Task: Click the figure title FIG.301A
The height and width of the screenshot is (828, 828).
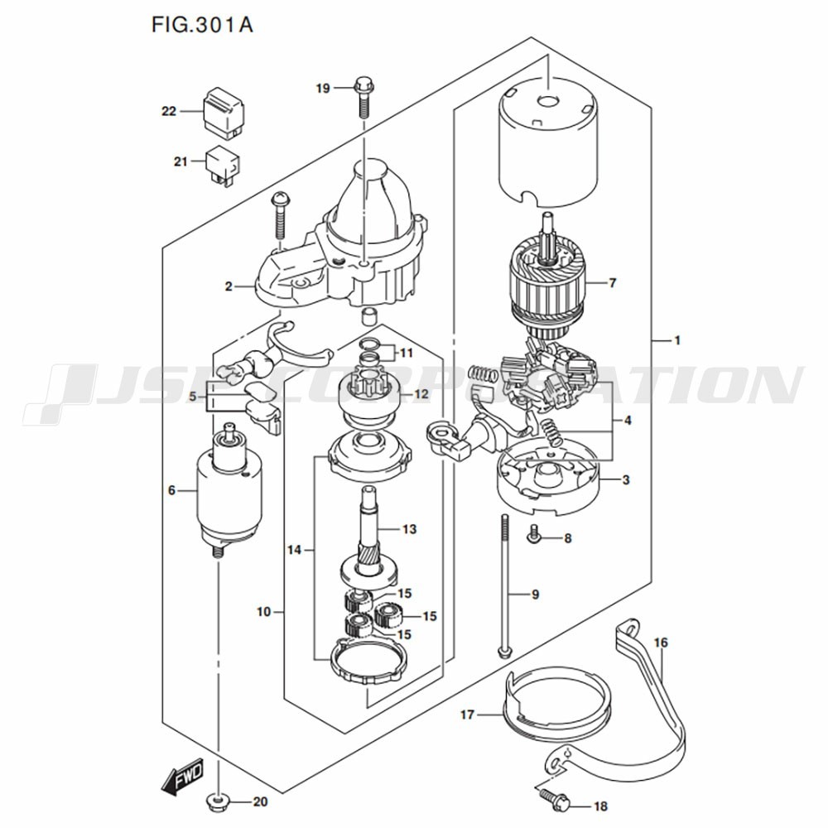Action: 202,24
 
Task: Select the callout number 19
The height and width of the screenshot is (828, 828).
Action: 323,89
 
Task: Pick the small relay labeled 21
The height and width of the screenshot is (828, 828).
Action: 224,165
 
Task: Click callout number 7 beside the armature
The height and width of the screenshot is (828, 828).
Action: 613,283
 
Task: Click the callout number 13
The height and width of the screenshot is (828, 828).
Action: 410,529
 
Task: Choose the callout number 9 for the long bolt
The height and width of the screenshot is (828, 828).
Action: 536,595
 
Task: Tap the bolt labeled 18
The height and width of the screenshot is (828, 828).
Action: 553,805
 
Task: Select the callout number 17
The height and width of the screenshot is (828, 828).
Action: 468,715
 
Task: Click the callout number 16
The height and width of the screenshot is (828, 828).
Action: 661,643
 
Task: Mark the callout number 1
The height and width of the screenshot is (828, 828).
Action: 677,340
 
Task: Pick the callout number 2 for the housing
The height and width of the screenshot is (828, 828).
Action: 229,286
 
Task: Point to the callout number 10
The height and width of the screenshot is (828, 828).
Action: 263,612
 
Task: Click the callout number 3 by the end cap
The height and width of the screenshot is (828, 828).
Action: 626,480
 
